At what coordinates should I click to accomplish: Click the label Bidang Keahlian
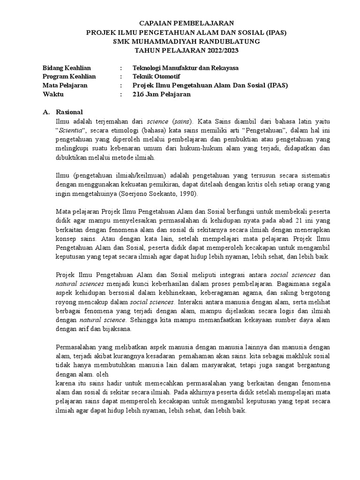67,67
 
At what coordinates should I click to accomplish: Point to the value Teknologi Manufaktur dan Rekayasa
186,67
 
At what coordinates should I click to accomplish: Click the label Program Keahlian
69,76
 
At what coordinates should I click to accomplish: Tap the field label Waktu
53,94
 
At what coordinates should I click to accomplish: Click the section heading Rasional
69,112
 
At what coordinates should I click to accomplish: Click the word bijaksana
116,329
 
